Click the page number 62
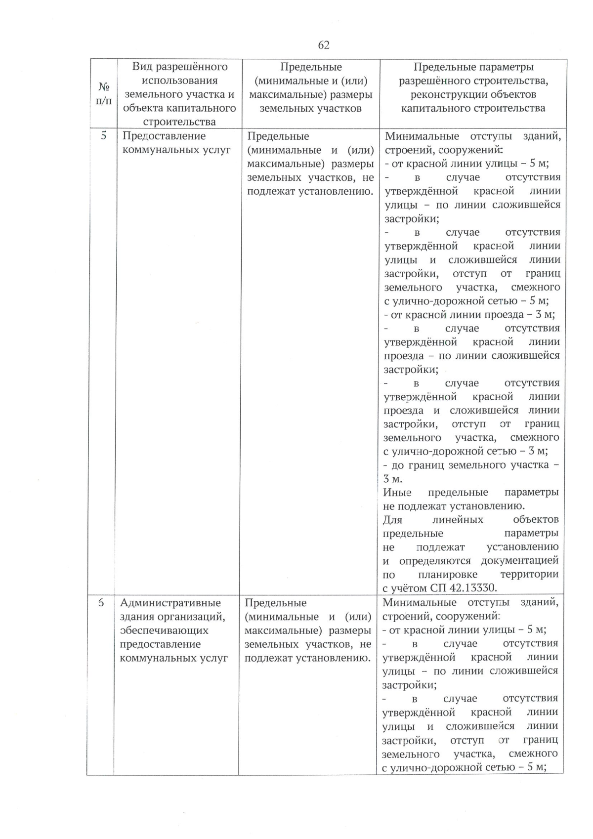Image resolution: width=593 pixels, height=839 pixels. point(324,45)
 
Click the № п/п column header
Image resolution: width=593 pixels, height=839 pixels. point(104,94)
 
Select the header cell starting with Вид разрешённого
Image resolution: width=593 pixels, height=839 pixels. point(179,94)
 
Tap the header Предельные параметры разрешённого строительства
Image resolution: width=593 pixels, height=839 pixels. point(473,87)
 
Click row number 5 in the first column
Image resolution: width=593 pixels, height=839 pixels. point(104,135)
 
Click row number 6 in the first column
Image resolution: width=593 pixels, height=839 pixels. point(101,602)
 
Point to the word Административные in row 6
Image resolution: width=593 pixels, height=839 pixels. point(170,603)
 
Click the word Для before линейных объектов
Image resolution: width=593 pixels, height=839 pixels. point(393,520)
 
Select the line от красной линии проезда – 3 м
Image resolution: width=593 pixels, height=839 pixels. point(469,315)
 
